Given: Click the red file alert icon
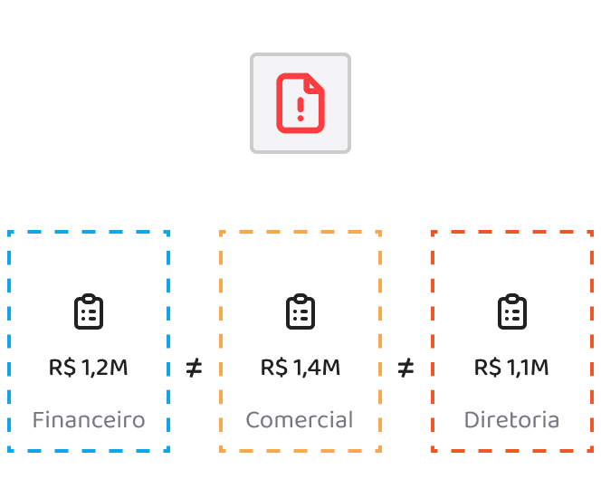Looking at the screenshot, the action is tap(300, 103).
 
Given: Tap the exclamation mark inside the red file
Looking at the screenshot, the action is tap(300, 110).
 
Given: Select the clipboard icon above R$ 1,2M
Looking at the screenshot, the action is tap(89, 311).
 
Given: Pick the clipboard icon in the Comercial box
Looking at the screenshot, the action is tap(300, 311).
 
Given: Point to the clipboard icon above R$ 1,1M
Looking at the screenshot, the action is tap(512, 311).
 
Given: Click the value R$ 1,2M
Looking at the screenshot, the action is tap(88, 368).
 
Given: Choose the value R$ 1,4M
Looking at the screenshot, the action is tap(300, 368).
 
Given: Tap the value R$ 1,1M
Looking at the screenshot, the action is tap(511, 368).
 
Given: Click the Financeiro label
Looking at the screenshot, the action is tap(89, 419).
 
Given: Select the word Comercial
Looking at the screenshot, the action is tap(300, 419).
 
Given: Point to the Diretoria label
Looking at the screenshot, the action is tap(511, 419).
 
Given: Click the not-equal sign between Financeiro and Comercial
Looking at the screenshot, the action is tap(194, 368).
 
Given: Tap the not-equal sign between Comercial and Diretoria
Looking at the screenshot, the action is tap(405, 368).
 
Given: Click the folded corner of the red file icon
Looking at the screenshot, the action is tap(314, 82).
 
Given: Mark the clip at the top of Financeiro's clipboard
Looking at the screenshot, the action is tap(89, 298).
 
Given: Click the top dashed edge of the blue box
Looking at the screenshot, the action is tap(89, 232).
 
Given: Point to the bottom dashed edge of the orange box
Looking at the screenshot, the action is tap(300, 451).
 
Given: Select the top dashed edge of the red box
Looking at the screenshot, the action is tap(512, 232).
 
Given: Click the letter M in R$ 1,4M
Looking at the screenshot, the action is tap(330, 367).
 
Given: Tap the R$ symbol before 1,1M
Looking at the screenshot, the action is tap(488, 368).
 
